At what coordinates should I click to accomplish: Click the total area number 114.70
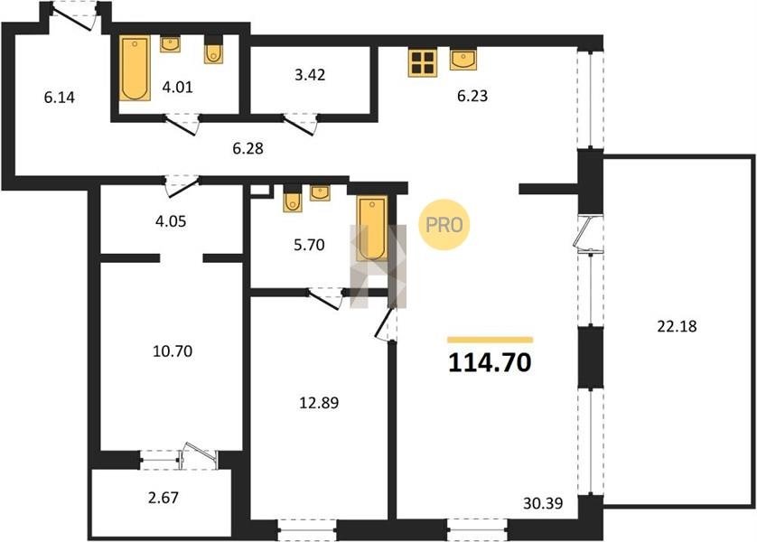pos(490,363)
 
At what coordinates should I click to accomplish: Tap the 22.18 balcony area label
pos(677,327)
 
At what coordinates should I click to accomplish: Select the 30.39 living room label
pos(543,503)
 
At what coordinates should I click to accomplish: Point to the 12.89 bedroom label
pos(319,403)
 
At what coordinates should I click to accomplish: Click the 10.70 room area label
pos(173,350)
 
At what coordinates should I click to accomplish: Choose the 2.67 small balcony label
pos(164,498)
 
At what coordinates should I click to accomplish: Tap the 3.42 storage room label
pos(310,75)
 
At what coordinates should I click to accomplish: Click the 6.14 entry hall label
pos(60,98)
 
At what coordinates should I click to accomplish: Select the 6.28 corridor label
pos(248,148)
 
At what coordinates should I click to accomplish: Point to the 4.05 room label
pos(171,221)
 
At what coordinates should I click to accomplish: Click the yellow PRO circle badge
pos(444,225)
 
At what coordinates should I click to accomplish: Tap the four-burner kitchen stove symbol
pos(423,62)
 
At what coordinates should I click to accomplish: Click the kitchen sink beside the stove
pos(463,60)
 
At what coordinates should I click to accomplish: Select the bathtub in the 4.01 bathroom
pos(135,68)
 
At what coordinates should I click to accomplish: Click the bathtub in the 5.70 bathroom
pos(372,229)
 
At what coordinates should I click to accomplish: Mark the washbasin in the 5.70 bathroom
pos(320,193)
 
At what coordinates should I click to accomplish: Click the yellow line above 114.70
pos(490,340)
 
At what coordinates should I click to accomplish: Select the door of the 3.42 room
pos(300,124)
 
